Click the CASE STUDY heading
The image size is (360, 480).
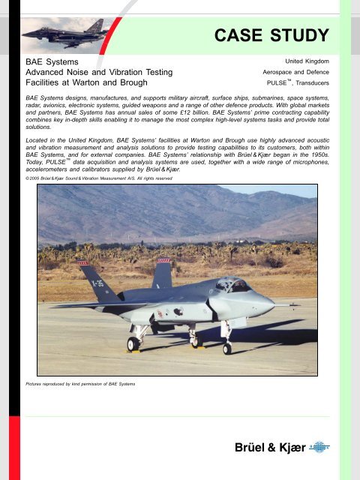(271, 35)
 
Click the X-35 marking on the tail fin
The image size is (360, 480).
(96, 285)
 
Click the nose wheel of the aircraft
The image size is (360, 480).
(227, 348)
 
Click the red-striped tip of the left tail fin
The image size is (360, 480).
(84, 263)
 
